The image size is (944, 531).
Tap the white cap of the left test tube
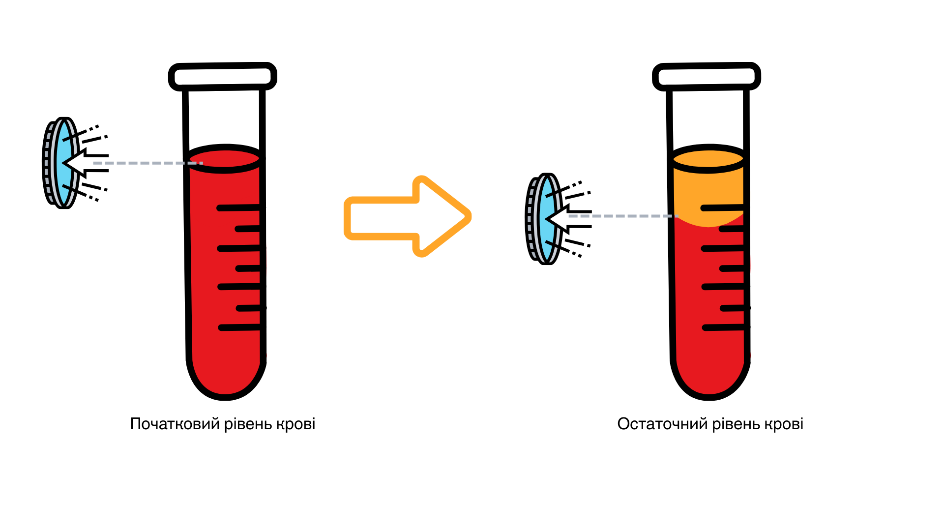[x=223, y=77]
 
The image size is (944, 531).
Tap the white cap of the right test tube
[x=707, y=77]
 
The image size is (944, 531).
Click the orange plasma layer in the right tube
[x=708, y=192]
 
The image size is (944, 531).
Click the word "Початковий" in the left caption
[x=175, y=424]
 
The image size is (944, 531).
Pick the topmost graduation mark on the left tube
[x=239, y=208]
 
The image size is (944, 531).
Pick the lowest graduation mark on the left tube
[x=240, y=327]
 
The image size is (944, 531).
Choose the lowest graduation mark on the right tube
[x=724, y=327]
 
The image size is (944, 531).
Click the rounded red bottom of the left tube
[x=226, y=374]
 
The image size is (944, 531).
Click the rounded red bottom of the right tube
[x=709, y=374]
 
